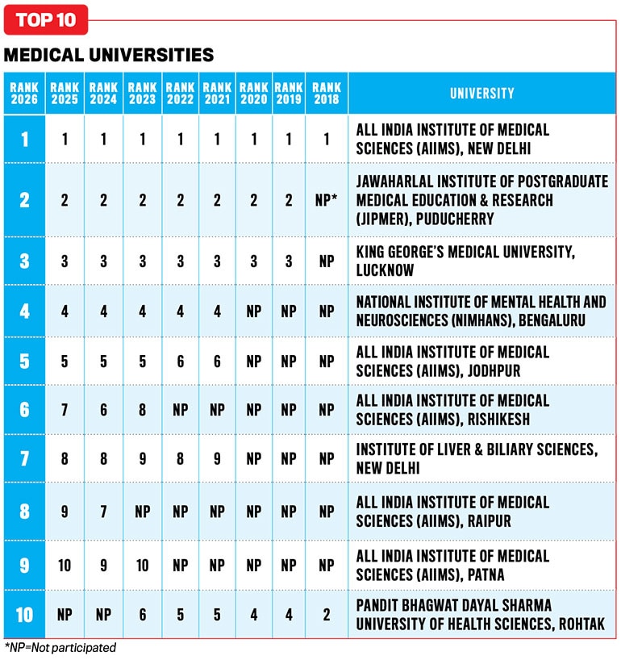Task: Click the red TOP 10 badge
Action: point(46,20)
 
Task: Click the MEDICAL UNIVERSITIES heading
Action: point(109,55)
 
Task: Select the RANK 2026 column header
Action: point(24,93)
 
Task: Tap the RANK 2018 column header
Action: point(327,93)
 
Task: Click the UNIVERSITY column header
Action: point(482,93)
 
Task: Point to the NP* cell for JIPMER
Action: point(327,199)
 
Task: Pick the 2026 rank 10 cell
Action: point(24,615)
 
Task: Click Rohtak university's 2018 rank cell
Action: point(327,615)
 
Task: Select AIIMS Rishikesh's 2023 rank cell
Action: point(143,410)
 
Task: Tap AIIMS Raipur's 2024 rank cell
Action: point(103,512)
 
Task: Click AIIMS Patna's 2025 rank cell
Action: point(65,565)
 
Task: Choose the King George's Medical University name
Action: point(465,261)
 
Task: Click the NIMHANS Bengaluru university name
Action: point(481,311)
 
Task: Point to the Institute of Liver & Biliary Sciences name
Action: point(477,458)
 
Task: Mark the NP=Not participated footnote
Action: point(60,647)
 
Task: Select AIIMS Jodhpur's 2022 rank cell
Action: point(181,361)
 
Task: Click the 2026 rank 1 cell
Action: point(24,139)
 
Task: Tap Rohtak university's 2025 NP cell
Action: point(65,615)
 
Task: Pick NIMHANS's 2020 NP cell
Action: point(254,311)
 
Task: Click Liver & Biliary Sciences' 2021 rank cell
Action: point(217,458)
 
